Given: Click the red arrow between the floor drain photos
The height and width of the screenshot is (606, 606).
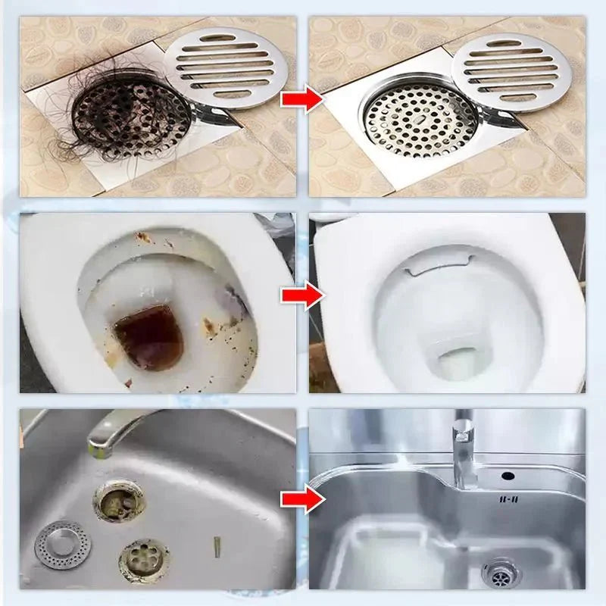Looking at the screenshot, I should click(301, 100).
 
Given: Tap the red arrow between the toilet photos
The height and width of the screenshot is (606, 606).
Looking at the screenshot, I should click(301, 297).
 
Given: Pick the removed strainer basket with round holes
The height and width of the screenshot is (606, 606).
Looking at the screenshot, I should click(144, 560).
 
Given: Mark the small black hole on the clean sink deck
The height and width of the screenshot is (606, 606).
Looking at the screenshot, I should click(507, 476).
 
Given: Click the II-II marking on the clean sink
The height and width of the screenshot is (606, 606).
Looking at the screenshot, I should click(507, 500).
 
